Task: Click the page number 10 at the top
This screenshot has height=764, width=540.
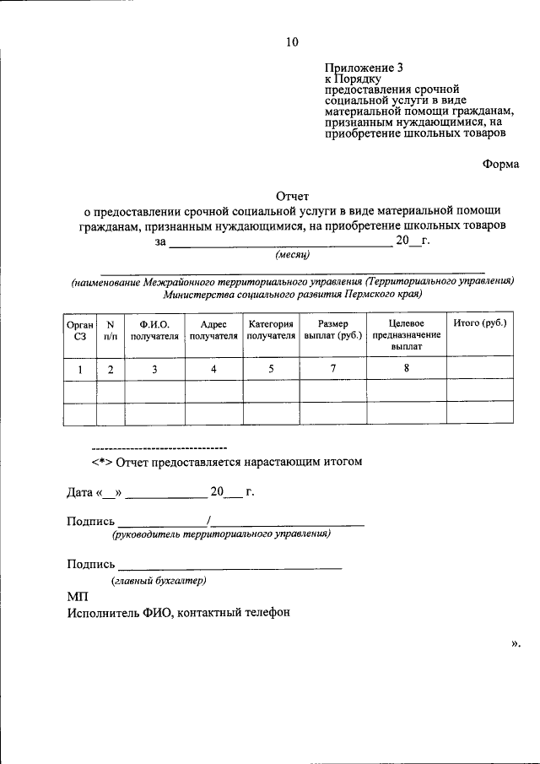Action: pos(291,41)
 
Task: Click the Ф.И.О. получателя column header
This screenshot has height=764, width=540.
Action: pos(154,330)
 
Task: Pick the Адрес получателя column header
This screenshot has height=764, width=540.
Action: pos(213,330)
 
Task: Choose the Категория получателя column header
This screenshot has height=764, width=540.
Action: pos(271,330)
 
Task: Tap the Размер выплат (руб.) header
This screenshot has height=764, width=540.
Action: pos(333,330)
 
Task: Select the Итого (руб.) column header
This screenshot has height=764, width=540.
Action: pos(479,324)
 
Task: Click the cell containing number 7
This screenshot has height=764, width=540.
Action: pos(333,368)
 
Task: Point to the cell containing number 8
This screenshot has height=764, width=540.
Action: pos(406,368)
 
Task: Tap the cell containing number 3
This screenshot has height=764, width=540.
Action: pos(154,368)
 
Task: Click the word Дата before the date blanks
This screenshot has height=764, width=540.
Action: pos(81,492)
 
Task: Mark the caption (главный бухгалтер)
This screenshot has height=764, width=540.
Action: pos(159,581)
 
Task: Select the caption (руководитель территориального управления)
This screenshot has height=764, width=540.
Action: pos(219,534)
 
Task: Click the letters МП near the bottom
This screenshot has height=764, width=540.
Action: pos(77,597)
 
